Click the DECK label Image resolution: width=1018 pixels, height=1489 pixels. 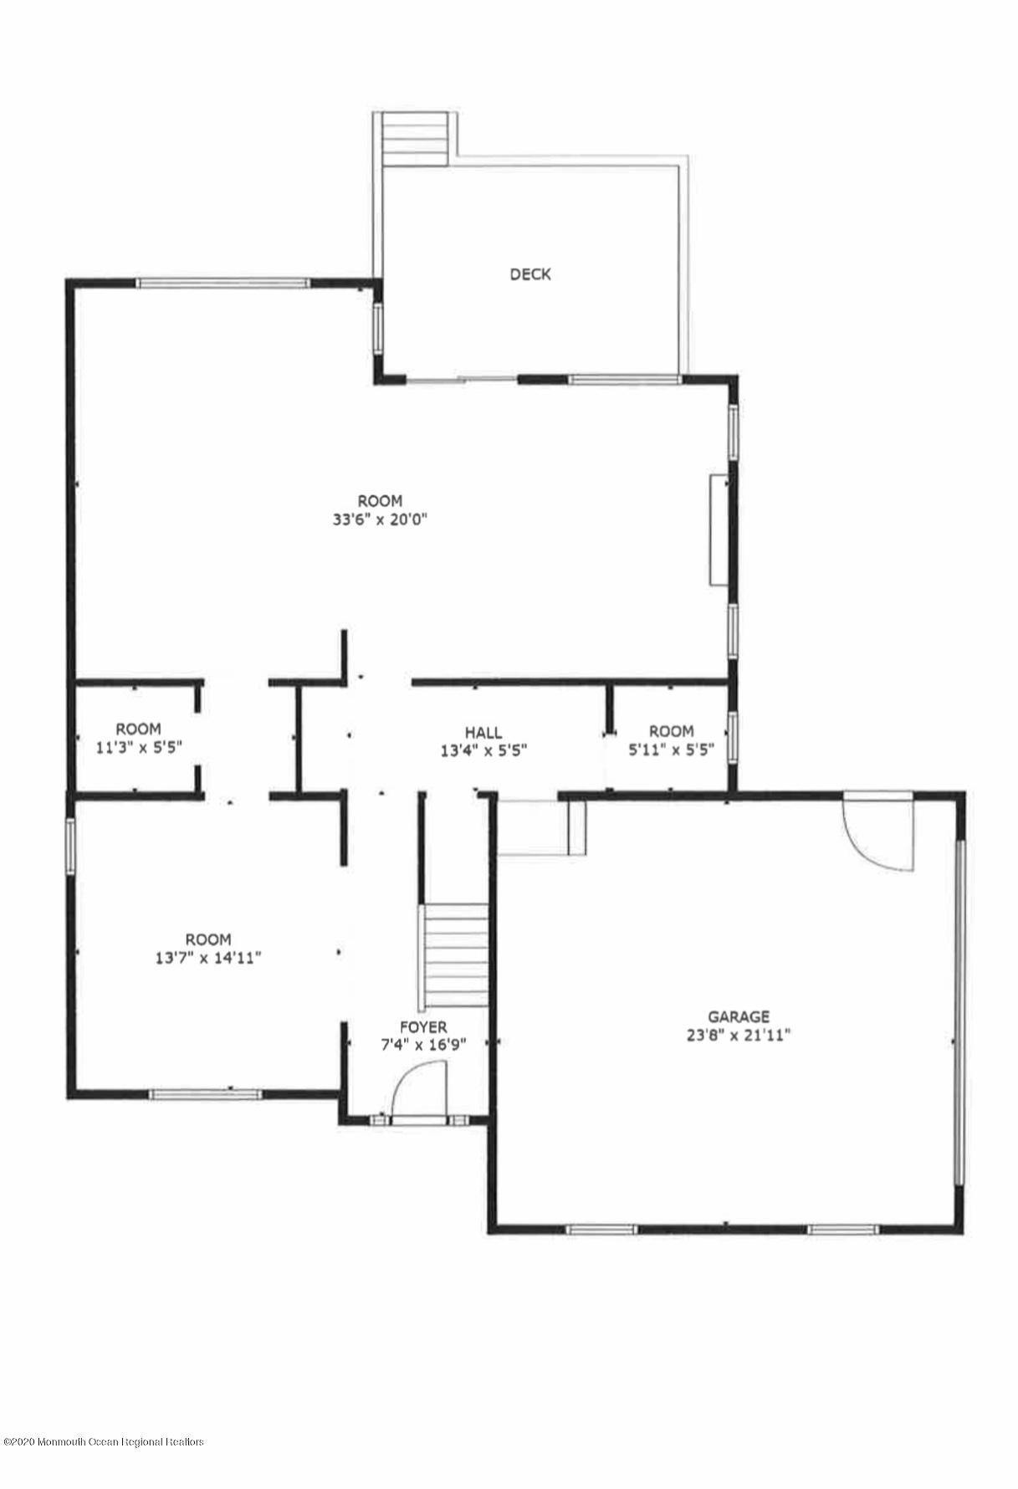pyautogui.click(x=530, y=274)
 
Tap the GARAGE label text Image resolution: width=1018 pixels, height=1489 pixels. pyautogui.click(x=739, y=1017)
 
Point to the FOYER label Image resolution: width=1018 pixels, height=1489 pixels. pyautogui.click(x=423, y=1027)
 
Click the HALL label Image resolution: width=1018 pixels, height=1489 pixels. pyautogui.click(x=483, y=734)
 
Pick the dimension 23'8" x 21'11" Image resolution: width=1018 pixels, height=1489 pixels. pyautogui.click(x=739, y=1035)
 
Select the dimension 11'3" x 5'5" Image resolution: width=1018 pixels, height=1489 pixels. pyautogui.click(x=138, y=747)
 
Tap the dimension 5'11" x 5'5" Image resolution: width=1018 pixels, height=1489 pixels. pyautogui.click(x=672, y=750)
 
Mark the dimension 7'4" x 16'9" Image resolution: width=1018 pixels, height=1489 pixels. pyautogui.click(x=423, y=1045)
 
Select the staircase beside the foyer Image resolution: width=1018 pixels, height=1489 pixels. pyautogui.click(x=456, y=956)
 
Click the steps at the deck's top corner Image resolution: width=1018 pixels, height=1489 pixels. pyautogui.click(x=415, y=137)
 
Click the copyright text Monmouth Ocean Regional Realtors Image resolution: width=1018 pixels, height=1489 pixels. pyautogui.click(x=105, y=1466)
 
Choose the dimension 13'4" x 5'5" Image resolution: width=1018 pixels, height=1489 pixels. pyautogui.click(x=483, y=750)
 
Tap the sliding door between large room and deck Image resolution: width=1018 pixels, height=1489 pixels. pyautogui.click(x=462, y=380)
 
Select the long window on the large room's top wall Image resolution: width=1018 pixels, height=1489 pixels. pyautogui.click(x=223, y=283)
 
